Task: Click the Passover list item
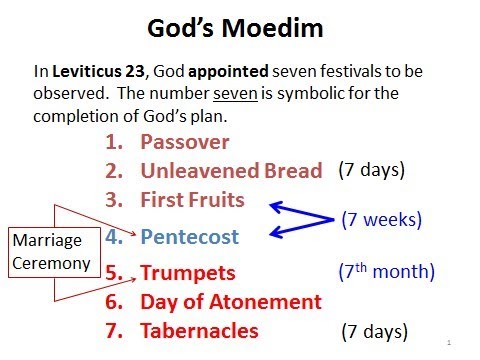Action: (x=185, y=142)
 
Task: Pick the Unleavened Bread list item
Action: (x=231, y=171)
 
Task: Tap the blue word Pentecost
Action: (x=190, y=238)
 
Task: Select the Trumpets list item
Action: (x=188, y=272)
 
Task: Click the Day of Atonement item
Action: (x=231, y=301)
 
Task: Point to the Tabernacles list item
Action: (x=199, y=330)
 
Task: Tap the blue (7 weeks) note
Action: (x=382, y=218)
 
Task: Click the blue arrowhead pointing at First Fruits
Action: (x=274, y=206)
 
